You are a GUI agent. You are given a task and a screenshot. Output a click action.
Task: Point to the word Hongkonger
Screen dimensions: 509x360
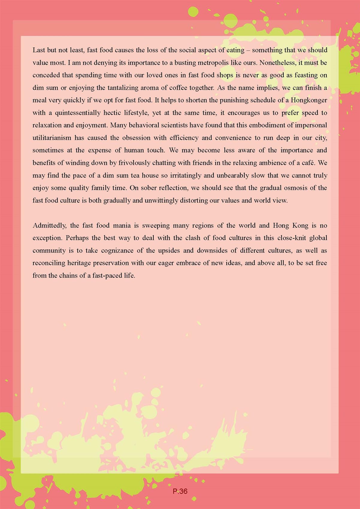point(309,100)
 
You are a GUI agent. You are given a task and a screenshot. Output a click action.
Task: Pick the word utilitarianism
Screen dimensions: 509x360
point(52,138)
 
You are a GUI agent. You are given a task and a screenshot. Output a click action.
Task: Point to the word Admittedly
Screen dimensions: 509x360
point(49,225)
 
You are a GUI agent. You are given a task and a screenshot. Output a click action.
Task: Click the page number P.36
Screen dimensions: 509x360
point(180,491)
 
